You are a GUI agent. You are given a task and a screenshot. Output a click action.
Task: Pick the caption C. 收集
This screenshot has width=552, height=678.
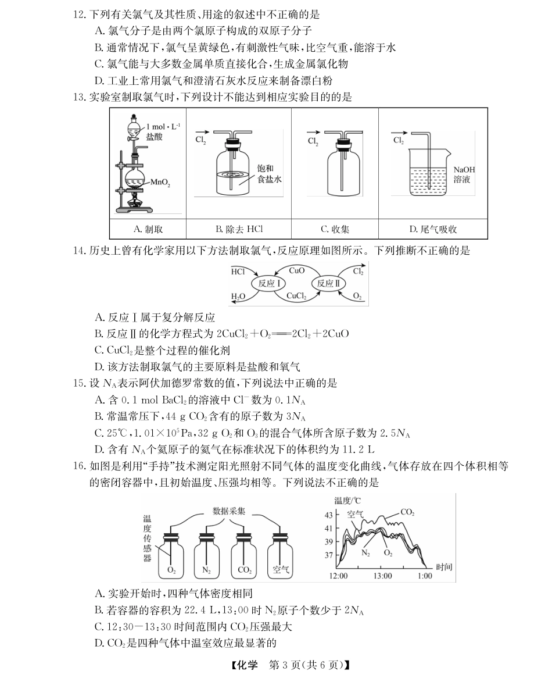(x=335, y=230)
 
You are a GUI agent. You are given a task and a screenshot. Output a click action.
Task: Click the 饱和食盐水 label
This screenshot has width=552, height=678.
(x=268, y=174)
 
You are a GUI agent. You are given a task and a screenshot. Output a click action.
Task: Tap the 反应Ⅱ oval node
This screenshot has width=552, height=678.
(x=329, y=284)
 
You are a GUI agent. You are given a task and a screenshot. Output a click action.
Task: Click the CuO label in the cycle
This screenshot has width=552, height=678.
(x=297, y=270)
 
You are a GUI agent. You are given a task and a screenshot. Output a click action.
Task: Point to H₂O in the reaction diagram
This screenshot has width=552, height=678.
(x=238, y=297)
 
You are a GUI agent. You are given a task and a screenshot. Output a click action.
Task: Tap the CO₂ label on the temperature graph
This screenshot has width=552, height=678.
(x=407, y=512)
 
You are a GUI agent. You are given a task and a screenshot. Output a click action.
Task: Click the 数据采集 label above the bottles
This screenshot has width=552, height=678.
(x=228, y=511)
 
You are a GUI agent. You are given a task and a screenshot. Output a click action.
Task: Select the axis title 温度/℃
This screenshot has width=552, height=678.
(x=347, y=501)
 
